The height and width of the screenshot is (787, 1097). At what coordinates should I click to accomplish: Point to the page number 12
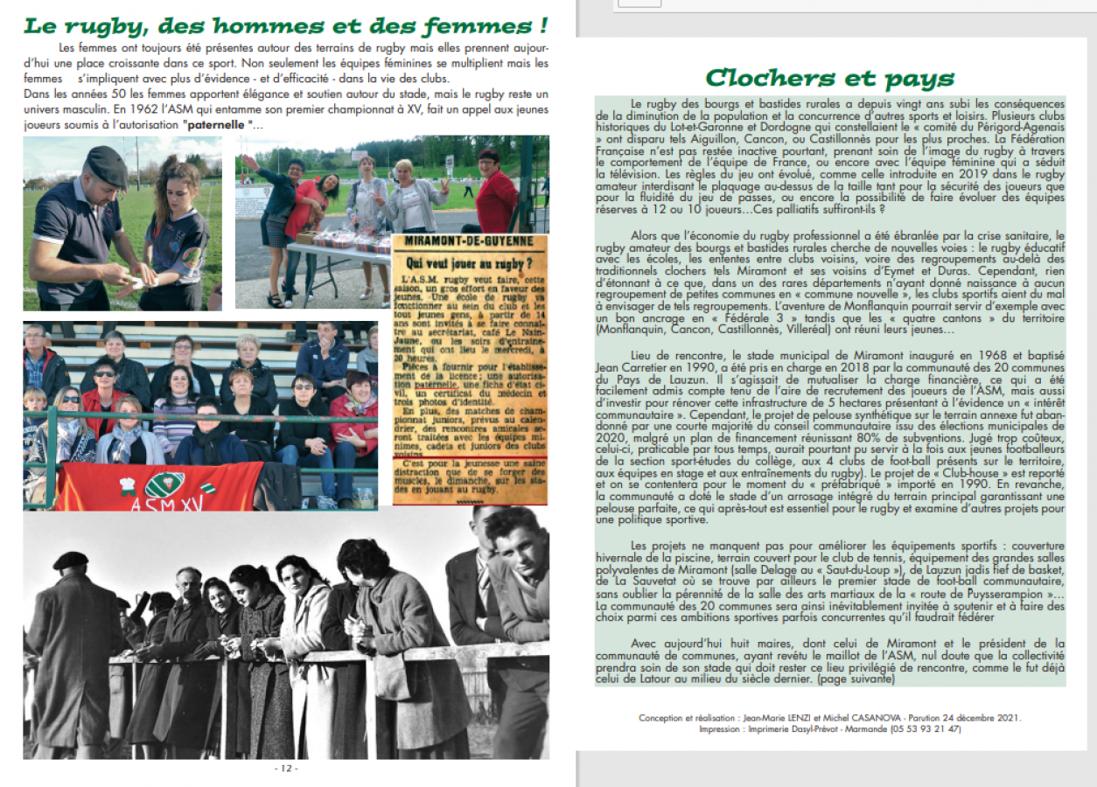tap(287, 769)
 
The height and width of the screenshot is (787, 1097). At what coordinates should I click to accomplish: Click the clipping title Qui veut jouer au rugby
tap(470, 261)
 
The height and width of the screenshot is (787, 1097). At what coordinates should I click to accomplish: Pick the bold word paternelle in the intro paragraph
tap(221, 124)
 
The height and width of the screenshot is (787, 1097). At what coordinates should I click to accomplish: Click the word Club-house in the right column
tap(898, 470)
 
